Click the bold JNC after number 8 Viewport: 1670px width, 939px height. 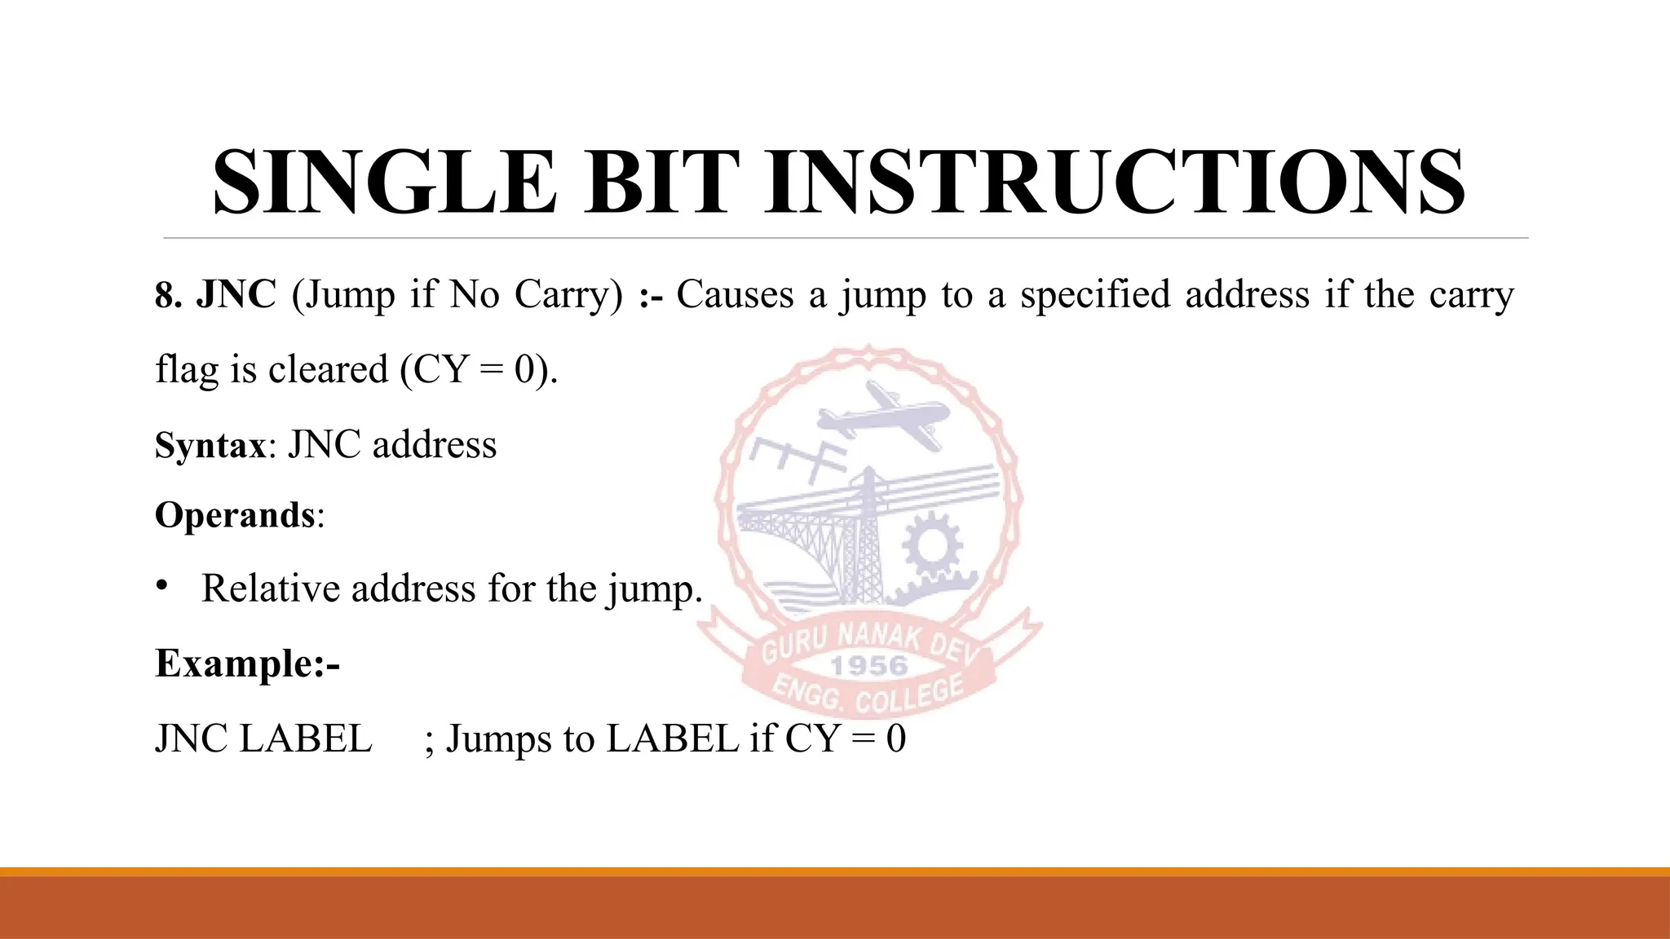pyautogui.click(x=236, y=294)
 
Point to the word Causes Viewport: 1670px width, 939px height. pyautogui.click(x=734, y=294)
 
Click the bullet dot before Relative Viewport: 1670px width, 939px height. pyautogui.click(x=162, y=584)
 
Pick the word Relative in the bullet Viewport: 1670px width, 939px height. pyautogui.click(x=270, y=588)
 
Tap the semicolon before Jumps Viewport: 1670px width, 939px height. pyautogui.click(x=429, y=740)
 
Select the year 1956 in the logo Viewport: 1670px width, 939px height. pyautogui.click(x=868, y=666)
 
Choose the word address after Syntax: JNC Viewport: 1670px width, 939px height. pyautogui.click(x=434, y=445)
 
